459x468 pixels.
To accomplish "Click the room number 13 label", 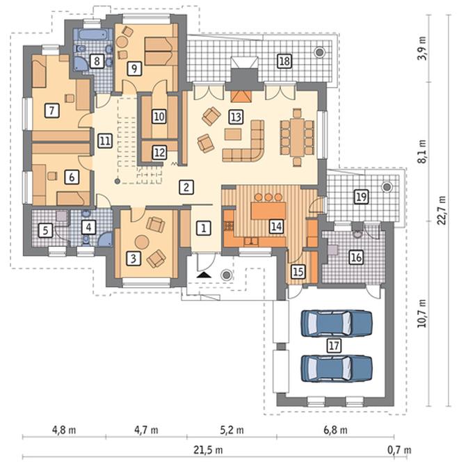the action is (236, 117).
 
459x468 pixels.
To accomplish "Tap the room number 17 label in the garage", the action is (334, 346).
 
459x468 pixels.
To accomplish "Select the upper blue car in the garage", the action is (337, 324).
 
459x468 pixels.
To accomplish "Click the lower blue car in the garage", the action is (337, 369).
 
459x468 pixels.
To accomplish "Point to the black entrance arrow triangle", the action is (204, 275).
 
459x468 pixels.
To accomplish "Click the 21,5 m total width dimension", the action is (208, 450).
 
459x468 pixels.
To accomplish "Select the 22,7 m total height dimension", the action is (442, 210).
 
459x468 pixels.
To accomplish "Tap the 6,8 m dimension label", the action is (335, 430).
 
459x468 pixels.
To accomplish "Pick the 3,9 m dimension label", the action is (421, 48).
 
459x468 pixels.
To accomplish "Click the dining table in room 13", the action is (297, 137).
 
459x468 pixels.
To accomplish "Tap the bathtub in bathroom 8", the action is (93, 35).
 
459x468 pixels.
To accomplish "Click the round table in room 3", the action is (142, 241).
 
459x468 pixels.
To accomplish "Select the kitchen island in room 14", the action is (268, 211).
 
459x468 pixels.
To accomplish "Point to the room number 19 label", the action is (361, 197).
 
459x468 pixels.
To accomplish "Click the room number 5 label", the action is (45, 230).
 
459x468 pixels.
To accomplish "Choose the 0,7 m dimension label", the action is (399, 450).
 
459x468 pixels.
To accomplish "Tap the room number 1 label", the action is (204, 228).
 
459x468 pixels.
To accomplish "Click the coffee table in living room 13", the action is (233, 134).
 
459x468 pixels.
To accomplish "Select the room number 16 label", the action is (356, 257).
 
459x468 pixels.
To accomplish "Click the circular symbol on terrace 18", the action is (320, 52).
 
